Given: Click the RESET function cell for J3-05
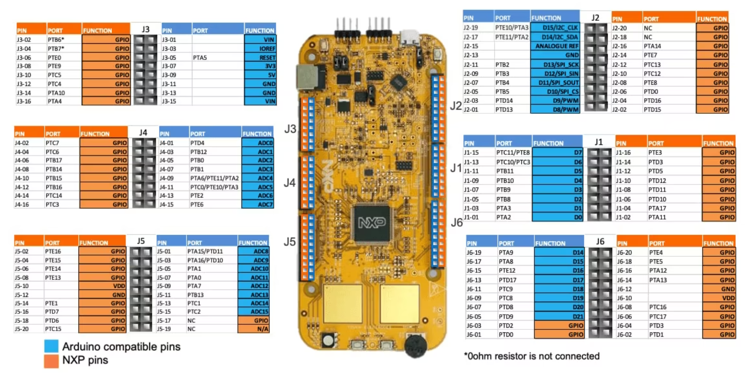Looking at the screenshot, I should click(x=260, y=57).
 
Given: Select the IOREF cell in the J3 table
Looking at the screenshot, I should click(x=260, y=48).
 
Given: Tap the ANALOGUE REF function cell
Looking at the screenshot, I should click(x=555, y=46).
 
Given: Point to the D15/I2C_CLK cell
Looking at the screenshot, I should click(x=555, y=28).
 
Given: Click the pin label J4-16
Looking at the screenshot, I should click(x=22, y=204).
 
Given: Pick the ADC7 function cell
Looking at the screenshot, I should click(x=258, y=204).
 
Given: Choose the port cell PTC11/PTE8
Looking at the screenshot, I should click(x=513, y=153).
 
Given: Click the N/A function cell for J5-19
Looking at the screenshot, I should click(x=254, y=329).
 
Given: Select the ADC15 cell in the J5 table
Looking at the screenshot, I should click(x=254, y=312).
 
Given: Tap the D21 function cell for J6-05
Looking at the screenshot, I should click(x=559, y=316).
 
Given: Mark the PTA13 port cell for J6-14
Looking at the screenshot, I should click(x=658, y=280).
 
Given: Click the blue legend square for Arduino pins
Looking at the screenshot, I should click(x=51, y=346).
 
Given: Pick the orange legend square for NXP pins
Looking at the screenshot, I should click(x=51, y=361).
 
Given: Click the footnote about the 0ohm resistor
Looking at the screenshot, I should click(x=532, y=356).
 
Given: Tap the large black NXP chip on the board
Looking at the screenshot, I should click(x=372, y=223).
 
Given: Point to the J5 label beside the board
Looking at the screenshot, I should click(x=289, y=242).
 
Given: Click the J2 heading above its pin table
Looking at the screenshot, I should click(x=595, y=18).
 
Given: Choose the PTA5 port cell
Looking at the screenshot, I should click(x=200, y=57).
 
